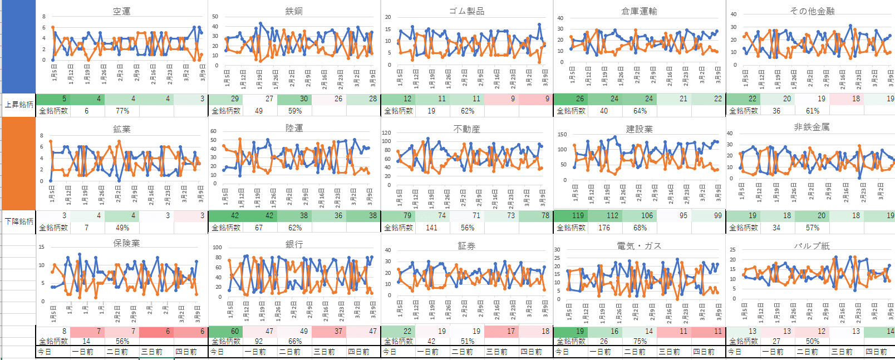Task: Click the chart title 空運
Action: [121, 11]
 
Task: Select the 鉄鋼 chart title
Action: [294, 11]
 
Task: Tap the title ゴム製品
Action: [466, 11]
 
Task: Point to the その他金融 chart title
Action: [812, 11]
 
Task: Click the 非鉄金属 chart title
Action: [812, 127]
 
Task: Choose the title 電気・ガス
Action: [639, 246]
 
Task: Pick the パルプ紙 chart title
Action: [812, 246]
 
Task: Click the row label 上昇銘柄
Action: [19, 105]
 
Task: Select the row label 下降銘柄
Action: [19, 221]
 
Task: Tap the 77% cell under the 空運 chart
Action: [122, 111]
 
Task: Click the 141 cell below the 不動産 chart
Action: [431, 228]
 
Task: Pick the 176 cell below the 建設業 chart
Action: [604, 228]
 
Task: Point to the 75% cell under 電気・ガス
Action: [640, 341]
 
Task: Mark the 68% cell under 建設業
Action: [640, 228]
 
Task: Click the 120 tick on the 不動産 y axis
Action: [386, 133]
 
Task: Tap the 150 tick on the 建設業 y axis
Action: [562, 135]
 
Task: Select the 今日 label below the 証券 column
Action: [390, 352]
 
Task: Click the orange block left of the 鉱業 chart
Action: [19, 163]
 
